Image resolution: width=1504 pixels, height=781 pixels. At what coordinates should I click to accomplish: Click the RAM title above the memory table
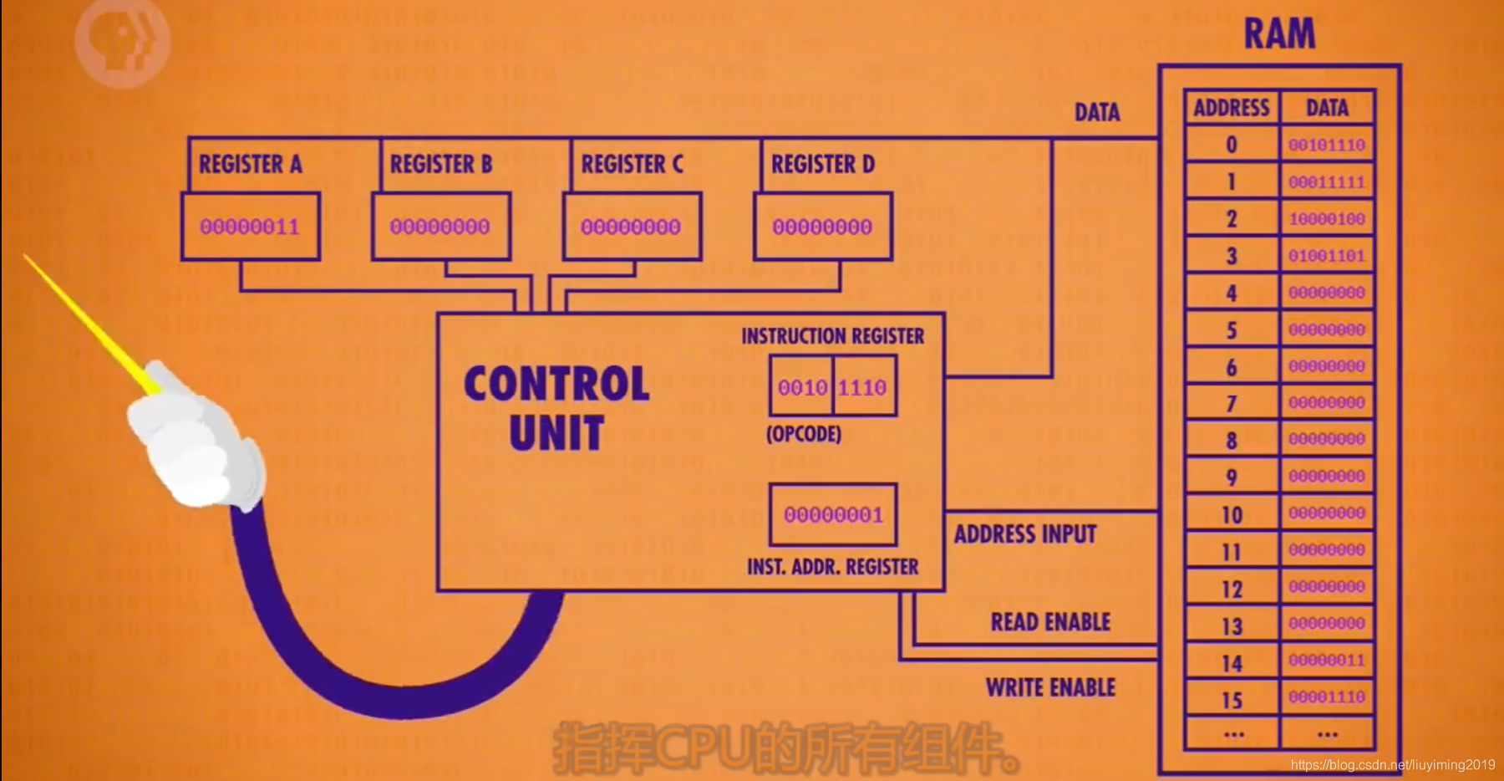(1279, 34)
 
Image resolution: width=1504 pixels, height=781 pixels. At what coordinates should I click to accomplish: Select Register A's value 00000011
(250, 227)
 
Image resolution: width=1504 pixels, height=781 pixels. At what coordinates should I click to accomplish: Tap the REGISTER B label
(441, 164)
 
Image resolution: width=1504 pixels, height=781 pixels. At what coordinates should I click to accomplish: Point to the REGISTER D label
(823, 164)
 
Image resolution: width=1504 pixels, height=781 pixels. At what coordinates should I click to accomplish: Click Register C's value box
(631, 227)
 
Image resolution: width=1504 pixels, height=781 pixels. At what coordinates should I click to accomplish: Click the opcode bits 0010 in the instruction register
(802, 387)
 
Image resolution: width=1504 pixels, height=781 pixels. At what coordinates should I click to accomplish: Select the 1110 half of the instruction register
(863, 387)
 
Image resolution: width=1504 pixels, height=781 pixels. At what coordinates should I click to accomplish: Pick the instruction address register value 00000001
(833, 515)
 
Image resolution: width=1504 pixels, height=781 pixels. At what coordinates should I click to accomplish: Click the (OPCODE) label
(804, 434)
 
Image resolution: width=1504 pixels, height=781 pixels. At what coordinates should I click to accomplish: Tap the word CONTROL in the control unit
(556, 385)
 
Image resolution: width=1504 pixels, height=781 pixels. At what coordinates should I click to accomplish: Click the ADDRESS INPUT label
(1025, 534)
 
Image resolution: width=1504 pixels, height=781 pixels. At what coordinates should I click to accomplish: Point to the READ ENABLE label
(1050, 622)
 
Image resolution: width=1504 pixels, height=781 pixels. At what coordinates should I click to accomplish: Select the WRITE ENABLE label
(1050, 687)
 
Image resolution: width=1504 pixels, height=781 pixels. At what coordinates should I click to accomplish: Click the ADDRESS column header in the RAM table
(1232, 108)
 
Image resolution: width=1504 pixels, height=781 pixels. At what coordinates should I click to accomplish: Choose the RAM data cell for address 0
(1327, 145)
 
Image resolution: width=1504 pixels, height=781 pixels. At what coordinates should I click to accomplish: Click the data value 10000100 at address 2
(1327, 219)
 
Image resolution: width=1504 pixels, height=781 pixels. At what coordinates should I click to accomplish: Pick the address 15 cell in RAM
(1232, 700)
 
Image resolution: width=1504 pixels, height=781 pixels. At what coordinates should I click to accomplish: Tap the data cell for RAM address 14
(1327, 661)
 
